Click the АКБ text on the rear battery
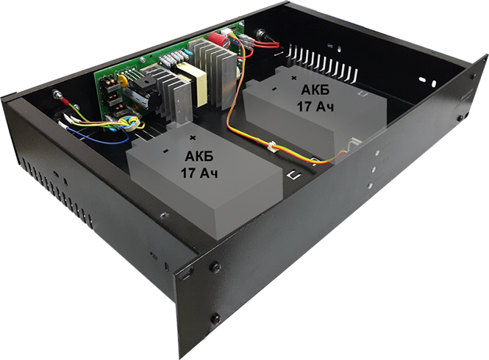pyautogui.click(x=317, y=89)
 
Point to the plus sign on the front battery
pyautogui.click(x=193, y=137)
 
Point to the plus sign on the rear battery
pyautogui.click(x=294, y=76)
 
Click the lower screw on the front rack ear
pyautogui.click(x=215, y=317)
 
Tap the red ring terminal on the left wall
pyautogui.click(x=57, y=96)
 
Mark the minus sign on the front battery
pyautogui.click(x=166, y=152)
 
